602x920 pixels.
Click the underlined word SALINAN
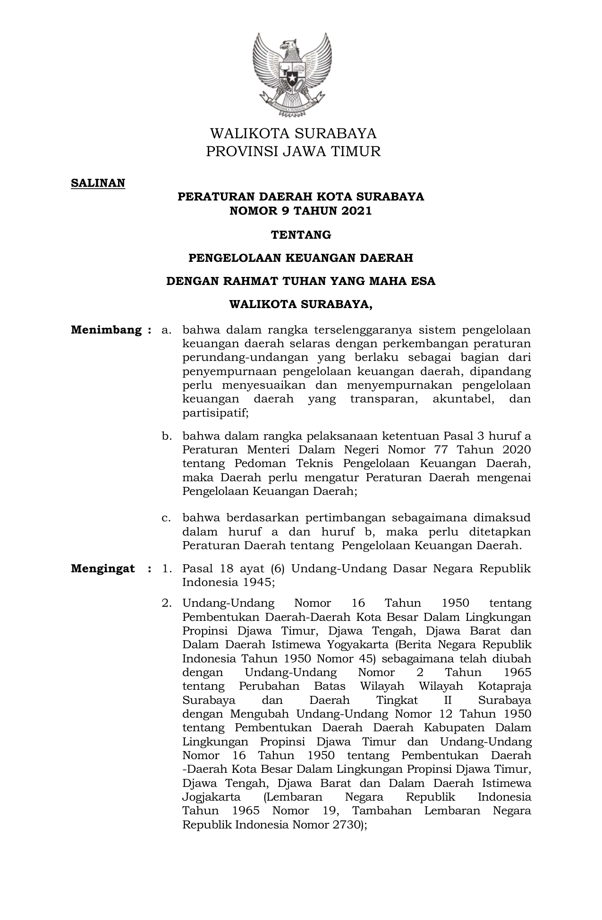(98, 183)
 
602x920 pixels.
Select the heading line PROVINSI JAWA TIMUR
(293, 151)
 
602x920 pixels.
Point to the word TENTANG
(301, 234)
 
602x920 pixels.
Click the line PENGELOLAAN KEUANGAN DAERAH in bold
(301, 258)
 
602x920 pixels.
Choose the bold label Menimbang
(106, 330)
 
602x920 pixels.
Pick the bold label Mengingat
(103, 569)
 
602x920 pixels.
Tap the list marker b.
(166, 436)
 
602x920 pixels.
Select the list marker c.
(166, 518)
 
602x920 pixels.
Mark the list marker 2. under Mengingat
(167, 603)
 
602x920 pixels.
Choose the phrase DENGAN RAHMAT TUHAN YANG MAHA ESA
(301, 281)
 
